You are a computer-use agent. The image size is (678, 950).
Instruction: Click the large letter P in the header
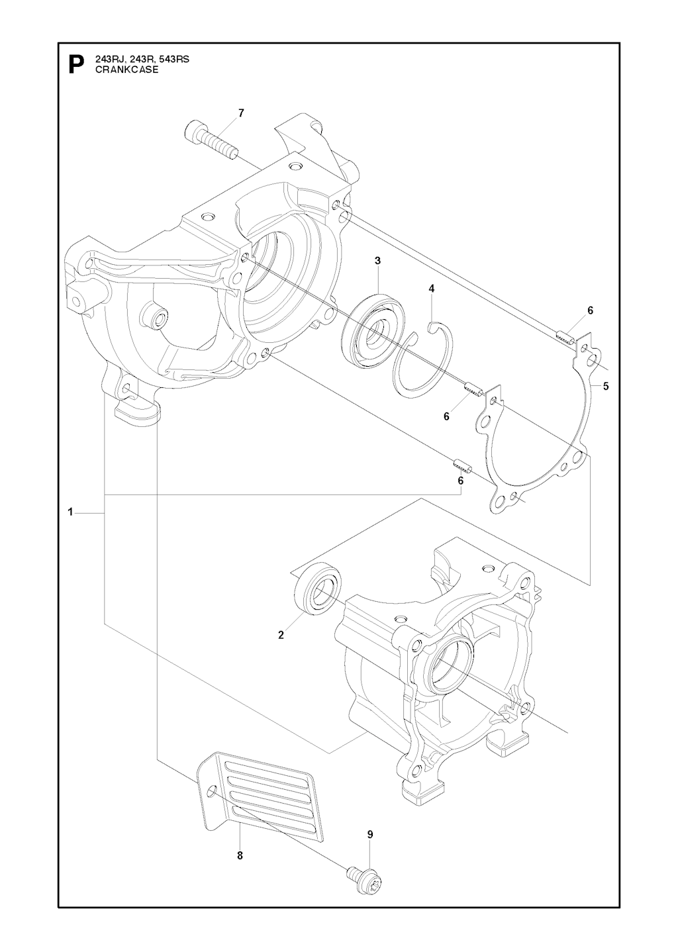click(x=76, y=64)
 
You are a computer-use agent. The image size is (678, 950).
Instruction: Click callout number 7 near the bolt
click(x=241, y=113)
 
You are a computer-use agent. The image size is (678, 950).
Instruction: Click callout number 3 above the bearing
click(x=377, y=261)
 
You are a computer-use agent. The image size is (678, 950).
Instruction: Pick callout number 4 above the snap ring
click(x=432, y=289)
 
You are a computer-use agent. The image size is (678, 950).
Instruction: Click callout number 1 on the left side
click(x=70, y=512)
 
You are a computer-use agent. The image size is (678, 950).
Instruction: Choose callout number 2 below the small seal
click(x=281, y=635)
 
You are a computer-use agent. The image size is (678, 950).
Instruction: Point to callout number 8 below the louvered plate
click(x=240, y=855)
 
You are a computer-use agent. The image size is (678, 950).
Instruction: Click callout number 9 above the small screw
click(x=370, y=834)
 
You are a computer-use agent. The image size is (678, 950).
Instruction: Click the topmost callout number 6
click(x=590, y=310)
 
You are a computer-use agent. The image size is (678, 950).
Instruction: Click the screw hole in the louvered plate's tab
click(x=211, y=792)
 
